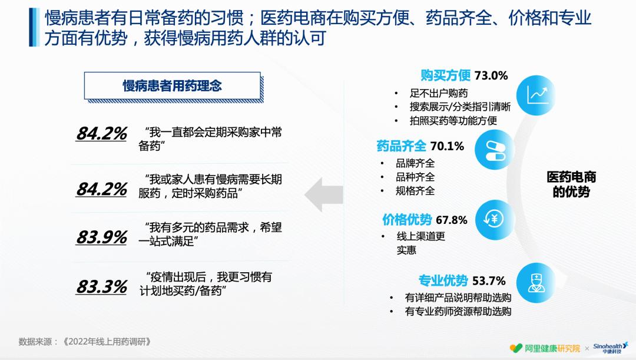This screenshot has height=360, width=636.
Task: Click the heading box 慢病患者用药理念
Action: click(172, 86)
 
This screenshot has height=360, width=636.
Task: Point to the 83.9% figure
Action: click(101, 237)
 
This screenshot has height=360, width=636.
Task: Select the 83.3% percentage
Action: click(101, 287)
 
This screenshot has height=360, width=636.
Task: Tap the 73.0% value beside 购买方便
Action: click(491, 75)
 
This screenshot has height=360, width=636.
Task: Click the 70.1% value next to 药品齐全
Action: click(447, 146)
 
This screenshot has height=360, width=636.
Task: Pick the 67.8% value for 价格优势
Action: click(452, 220)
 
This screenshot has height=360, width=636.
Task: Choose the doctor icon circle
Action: click(535, 282)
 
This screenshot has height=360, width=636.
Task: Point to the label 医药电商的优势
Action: click(571, 184)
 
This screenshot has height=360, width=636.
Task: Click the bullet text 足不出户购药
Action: click(439, 93)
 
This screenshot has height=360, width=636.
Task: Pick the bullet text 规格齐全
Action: click(415, 190)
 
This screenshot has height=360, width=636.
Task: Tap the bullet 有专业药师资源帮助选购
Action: click(458, 312)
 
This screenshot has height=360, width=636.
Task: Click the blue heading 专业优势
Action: click(443, 280)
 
